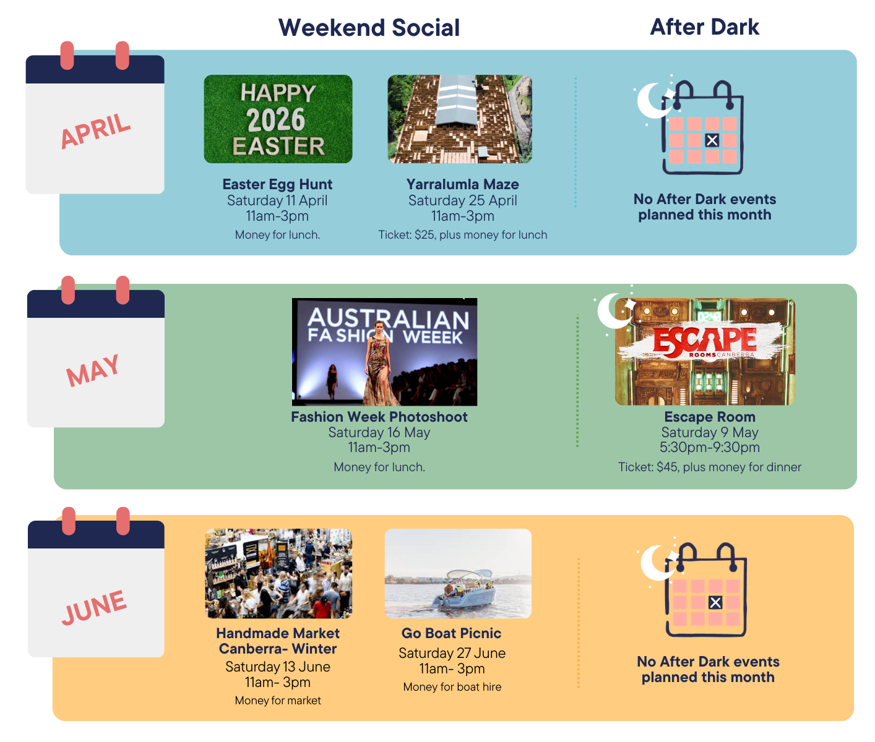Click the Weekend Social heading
(x=369, y=28)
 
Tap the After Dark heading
(x=704, y=27)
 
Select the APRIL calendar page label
(x=95, y=131)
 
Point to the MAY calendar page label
(x=93, y=370)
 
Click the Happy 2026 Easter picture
(x=278, y=119)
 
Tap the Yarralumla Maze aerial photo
(x=460, y=119)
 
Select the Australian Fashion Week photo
(x=384, y=352)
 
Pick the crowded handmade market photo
(x=278, y=573)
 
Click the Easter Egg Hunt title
(x=277, y=184)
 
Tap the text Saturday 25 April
(x=462, y=200)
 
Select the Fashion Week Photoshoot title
(x=379, y=417)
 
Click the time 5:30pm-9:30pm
(x=709, y=447)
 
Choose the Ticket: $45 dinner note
(x=709, y=467)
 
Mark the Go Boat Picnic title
(x=451, y=633)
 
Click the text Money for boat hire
(x=452, y=687)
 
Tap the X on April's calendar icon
(x=712, y=140)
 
